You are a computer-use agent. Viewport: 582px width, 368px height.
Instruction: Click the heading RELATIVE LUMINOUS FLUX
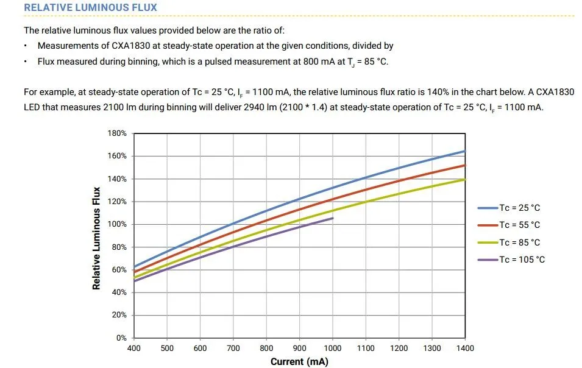[x=90, y=8]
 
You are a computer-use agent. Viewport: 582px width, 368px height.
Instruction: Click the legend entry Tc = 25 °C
[x=519, y=208]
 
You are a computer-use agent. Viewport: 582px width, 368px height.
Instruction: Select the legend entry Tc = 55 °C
[x=519, y=225]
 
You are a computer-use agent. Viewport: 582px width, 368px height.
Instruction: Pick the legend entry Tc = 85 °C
[x=519, y=242]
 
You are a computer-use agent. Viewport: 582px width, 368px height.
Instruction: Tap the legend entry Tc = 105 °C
[x=522, y=260]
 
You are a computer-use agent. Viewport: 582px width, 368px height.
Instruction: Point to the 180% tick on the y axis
[x=117, y=133]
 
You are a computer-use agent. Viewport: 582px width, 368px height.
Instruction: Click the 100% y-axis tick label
[x=117, y=224]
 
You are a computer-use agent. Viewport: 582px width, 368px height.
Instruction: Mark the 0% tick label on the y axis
[x=121, y=338]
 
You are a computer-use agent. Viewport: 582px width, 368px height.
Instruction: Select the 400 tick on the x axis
[x=133, y=349]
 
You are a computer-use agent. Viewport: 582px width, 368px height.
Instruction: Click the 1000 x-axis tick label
[x=333, y=349]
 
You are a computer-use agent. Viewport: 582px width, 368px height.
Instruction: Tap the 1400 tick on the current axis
[x=465, y=349]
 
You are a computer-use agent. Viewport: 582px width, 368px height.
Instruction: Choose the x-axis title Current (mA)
[x=299, y=362]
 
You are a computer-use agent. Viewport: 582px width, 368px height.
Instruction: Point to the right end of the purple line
[x=333, y=218]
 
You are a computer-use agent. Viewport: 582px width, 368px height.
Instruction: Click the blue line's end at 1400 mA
[x=465, y=151]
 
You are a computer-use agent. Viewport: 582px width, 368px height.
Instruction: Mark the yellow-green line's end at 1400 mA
[x=465, y=179]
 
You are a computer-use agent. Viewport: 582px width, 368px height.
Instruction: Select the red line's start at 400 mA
[x=135, y=272]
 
